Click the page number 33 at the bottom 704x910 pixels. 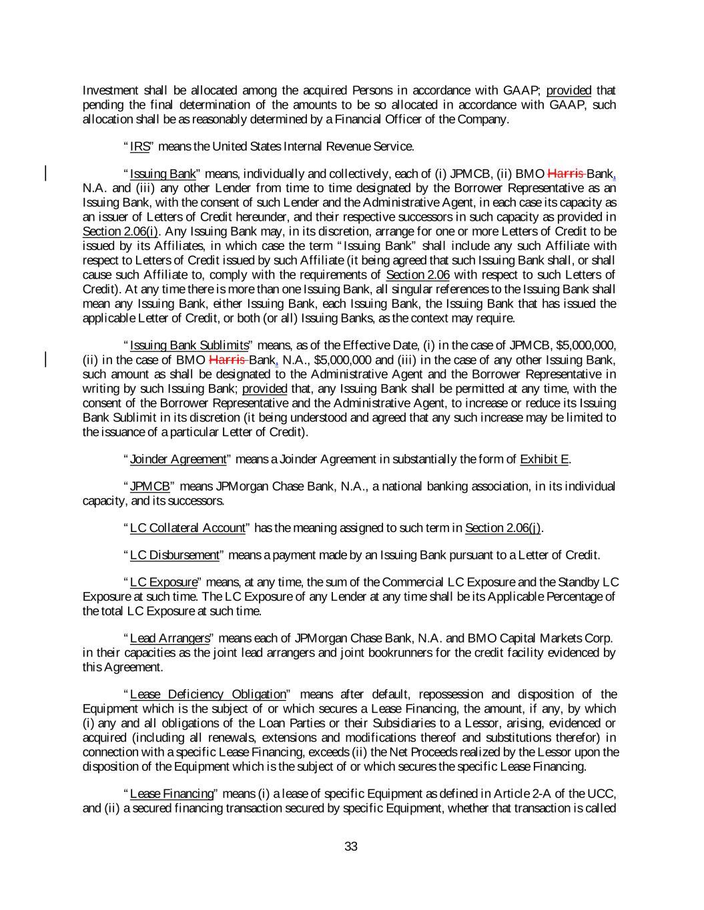click(351, 847)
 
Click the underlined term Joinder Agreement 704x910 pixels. click(178, 459)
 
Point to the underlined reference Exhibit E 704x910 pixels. click(544, 459)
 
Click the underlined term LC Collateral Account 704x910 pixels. click(188, 528)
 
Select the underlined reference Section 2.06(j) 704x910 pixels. click(503, 528)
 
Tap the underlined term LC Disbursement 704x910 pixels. click(174, 555)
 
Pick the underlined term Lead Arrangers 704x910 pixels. click(169, 639)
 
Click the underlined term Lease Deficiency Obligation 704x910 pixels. click(208, 695)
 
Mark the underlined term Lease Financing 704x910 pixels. click(171, 793)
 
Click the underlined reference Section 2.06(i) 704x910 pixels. click(120, 231)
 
